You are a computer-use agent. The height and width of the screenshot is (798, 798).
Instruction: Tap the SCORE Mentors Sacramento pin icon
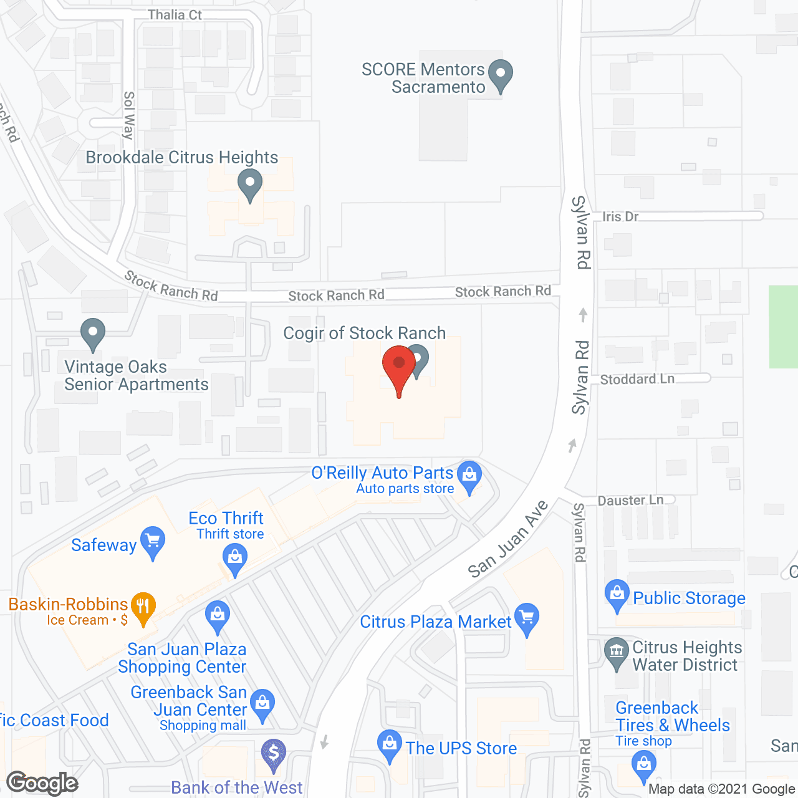500,75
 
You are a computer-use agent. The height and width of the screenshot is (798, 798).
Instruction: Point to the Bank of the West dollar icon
273,755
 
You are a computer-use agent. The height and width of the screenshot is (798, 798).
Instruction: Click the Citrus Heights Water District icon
616,653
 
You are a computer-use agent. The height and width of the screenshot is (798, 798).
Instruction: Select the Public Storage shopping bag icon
617,595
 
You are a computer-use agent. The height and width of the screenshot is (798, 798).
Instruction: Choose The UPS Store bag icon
390,745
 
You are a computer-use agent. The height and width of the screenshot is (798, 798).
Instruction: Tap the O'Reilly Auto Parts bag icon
469,477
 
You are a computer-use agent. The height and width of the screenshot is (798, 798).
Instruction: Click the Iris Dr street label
620,216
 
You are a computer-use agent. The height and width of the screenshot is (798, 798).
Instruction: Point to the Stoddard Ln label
637,379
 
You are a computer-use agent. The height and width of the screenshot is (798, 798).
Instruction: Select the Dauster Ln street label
630,500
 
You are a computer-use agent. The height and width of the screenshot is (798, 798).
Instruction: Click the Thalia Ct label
175,14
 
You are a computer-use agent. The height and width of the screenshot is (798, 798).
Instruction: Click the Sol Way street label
129,115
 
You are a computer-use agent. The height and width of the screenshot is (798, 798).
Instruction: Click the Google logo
42,783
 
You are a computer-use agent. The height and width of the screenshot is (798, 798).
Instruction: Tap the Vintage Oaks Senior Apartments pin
93,334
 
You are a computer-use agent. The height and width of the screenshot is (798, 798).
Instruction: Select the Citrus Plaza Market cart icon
527,618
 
